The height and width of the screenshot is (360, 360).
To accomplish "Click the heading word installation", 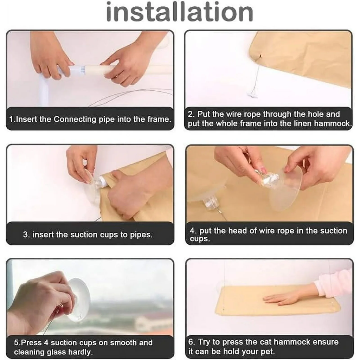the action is (x=180, y=12).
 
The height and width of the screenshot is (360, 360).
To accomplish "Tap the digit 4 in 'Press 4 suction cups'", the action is (x=46, y=342).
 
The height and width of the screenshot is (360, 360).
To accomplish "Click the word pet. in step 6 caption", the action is (x=268, y=352).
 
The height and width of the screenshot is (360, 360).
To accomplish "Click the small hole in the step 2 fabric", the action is (x=260, y=56).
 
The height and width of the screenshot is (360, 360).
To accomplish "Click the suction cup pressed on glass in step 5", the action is (x=79, y=300).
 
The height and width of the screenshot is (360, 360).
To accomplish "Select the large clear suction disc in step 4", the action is (x=286, y=188).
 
